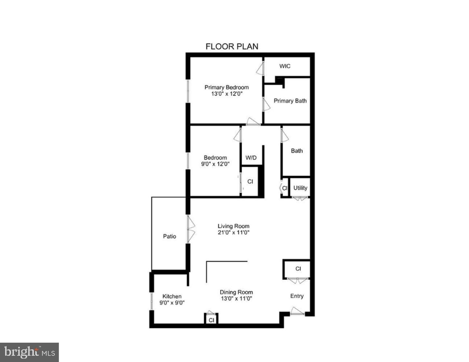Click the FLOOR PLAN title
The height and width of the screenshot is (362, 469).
point(232,47)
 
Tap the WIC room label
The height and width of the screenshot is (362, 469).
point(285,66)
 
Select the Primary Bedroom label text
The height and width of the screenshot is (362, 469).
point(226,87)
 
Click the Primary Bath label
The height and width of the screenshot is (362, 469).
point(290,101)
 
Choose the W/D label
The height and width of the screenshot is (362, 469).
point(251,158)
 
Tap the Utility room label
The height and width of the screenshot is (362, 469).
point(300,188)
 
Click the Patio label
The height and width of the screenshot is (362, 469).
point(169,236)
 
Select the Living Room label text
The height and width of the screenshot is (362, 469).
point(234,226)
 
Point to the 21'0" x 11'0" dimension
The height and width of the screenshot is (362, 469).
point(234,233)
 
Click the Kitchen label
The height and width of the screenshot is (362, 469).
point(172,296)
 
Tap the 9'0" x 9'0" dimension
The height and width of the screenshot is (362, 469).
point(172,302)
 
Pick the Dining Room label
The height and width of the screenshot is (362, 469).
point(236,292)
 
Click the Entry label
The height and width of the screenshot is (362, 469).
point(297,296)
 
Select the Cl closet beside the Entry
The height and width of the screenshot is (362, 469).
point(298,269)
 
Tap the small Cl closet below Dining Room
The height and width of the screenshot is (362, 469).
point(211,320)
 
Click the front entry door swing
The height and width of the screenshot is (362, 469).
point(297,311)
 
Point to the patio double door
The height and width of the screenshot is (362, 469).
point(190,229)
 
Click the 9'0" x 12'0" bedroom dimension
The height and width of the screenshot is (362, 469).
point(215,164)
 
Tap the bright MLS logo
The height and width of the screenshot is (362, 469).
point(29,352)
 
